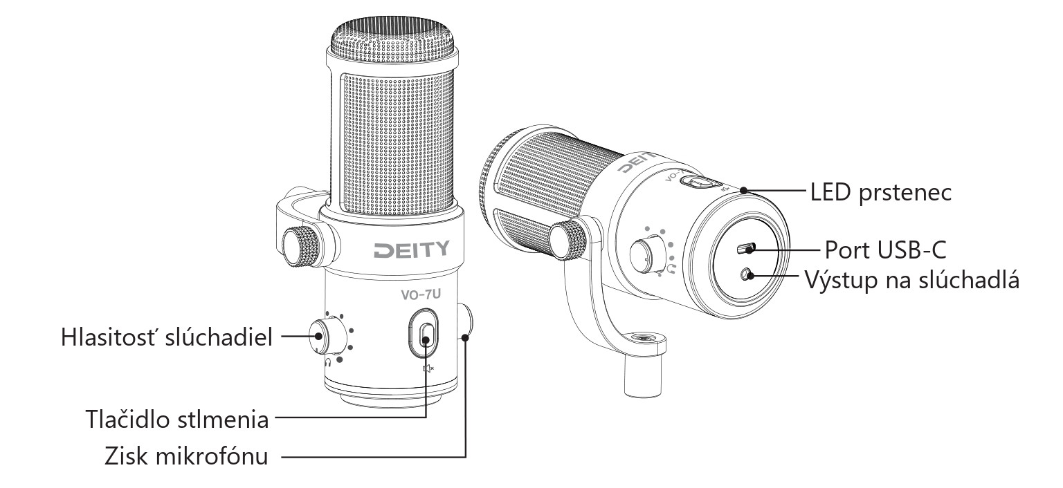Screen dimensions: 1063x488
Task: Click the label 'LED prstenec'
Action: [x=881, y=193]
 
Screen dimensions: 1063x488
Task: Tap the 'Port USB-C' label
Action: [x=886, y=250]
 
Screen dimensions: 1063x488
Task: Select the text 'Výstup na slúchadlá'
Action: [x=912, y=280]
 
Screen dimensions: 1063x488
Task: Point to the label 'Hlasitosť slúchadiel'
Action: [x=167, y=337]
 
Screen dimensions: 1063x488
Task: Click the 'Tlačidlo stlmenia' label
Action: [x=177, y=420]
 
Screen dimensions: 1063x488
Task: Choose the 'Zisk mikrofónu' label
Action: [x=186, y=457]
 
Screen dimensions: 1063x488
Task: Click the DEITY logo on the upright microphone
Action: [x=412, y=250]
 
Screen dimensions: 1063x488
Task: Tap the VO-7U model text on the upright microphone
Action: [x=421, y=294]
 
